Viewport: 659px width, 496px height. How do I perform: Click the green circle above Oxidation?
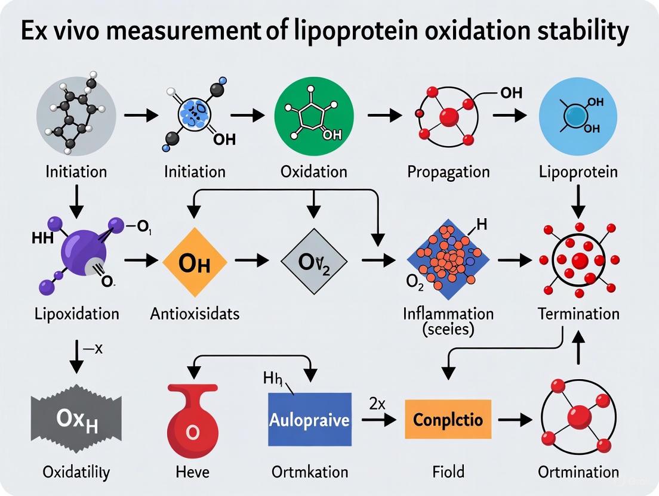click(313, 117)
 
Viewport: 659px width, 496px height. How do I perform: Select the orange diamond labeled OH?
click(195, 262)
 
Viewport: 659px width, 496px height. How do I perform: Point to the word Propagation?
click(448, 172)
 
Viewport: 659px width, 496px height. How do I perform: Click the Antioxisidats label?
click(195, 313)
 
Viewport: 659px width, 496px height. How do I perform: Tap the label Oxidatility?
click(76, 472)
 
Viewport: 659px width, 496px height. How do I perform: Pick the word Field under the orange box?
click(448, 472)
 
